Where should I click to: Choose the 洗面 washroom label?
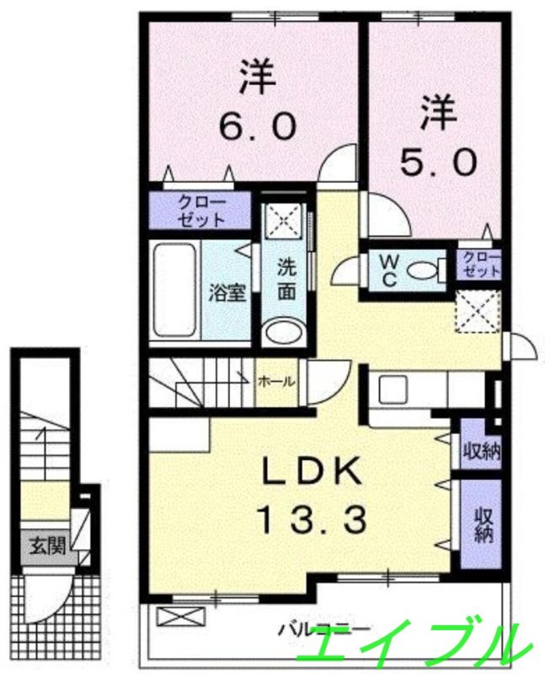click(287, 281)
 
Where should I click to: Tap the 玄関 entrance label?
click(46, 547)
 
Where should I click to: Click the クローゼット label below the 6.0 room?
click(202, 210)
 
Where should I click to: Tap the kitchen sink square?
click(390, 389)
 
